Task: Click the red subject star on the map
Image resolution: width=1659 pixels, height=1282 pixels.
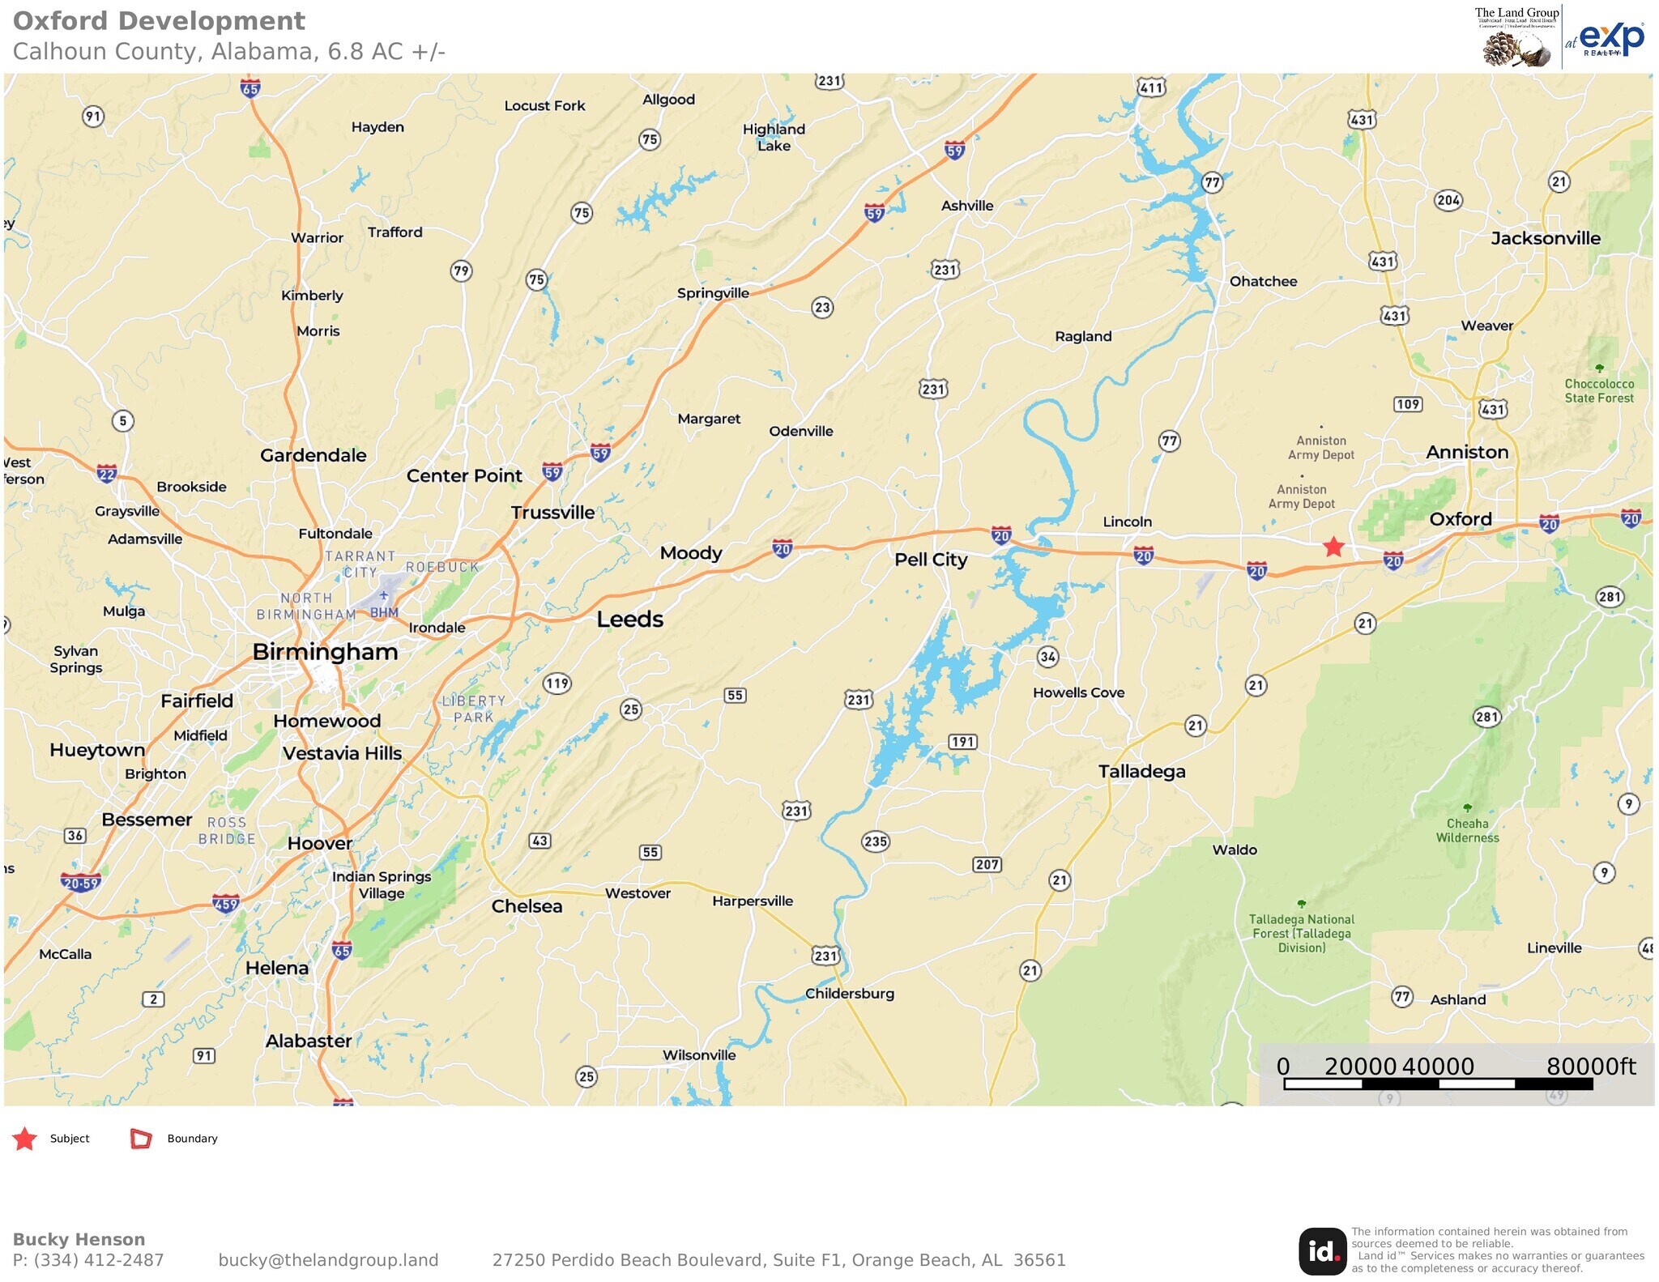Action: [x=1333, y=547]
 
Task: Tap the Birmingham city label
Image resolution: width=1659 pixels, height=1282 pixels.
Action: [x=325, y=652]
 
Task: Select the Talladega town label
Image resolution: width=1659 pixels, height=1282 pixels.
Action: [x=1141, y=771]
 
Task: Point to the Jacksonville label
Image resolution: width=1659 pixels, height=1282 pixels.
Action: [x=1545, y=238]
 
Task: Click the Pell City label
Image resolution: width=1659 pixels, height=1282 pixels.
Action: [x=931, y=560]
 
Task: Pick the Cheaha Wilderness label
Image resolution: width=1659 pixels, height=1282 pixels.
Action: [x=1467, y=830]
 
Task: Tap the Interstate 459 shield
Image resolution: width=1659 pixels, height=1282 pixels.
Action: [x=225, y=904]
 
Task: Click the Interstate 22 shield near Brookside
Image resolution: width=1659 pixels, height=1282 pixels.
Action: [x=106, y=474]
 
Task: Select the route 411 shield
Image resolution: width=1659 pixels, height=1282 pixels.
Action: [x=1151, y=87]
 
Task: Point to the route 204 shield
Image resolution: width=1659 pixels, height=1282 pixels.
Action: [x=1448, y=200]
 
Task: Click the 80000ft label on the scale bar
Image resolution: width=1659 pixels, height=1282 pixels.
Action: [x=1590, y=1067]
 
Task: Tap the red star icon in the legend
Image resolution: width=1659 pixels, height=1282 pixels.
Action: [x=25, y=1139]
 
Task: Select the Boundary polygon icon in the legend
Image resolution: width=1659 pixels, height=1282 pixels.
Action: [x=141, y=1139]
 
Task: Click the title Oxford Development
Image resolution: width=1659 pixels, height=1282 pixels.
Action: [x=159, y=21]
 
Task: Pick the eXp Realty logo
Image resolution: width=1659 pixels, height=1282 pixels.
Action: [x=1610, y=38]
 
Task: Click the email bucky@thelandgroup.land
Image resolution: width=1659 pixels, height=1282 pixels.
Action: [x=328, y=1260]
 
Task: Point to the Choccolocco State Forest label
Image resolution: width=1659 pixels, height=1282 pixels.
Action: [x=1598, y=390]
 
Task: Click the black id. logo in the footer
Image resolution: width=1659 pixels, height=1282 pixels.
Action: [x=1322, y=1251]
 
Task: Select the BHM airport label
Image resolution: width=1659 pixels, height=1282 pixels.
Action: [x=384, y=612]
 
